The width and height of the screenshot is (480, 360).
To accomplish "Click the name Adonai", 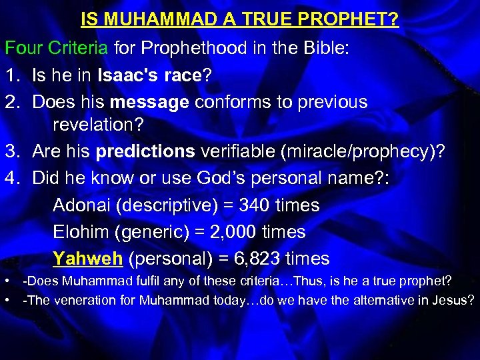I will [x=81, y=205].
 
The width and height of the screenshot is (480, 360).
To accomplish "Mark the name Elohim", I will [x=81, y=231].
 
